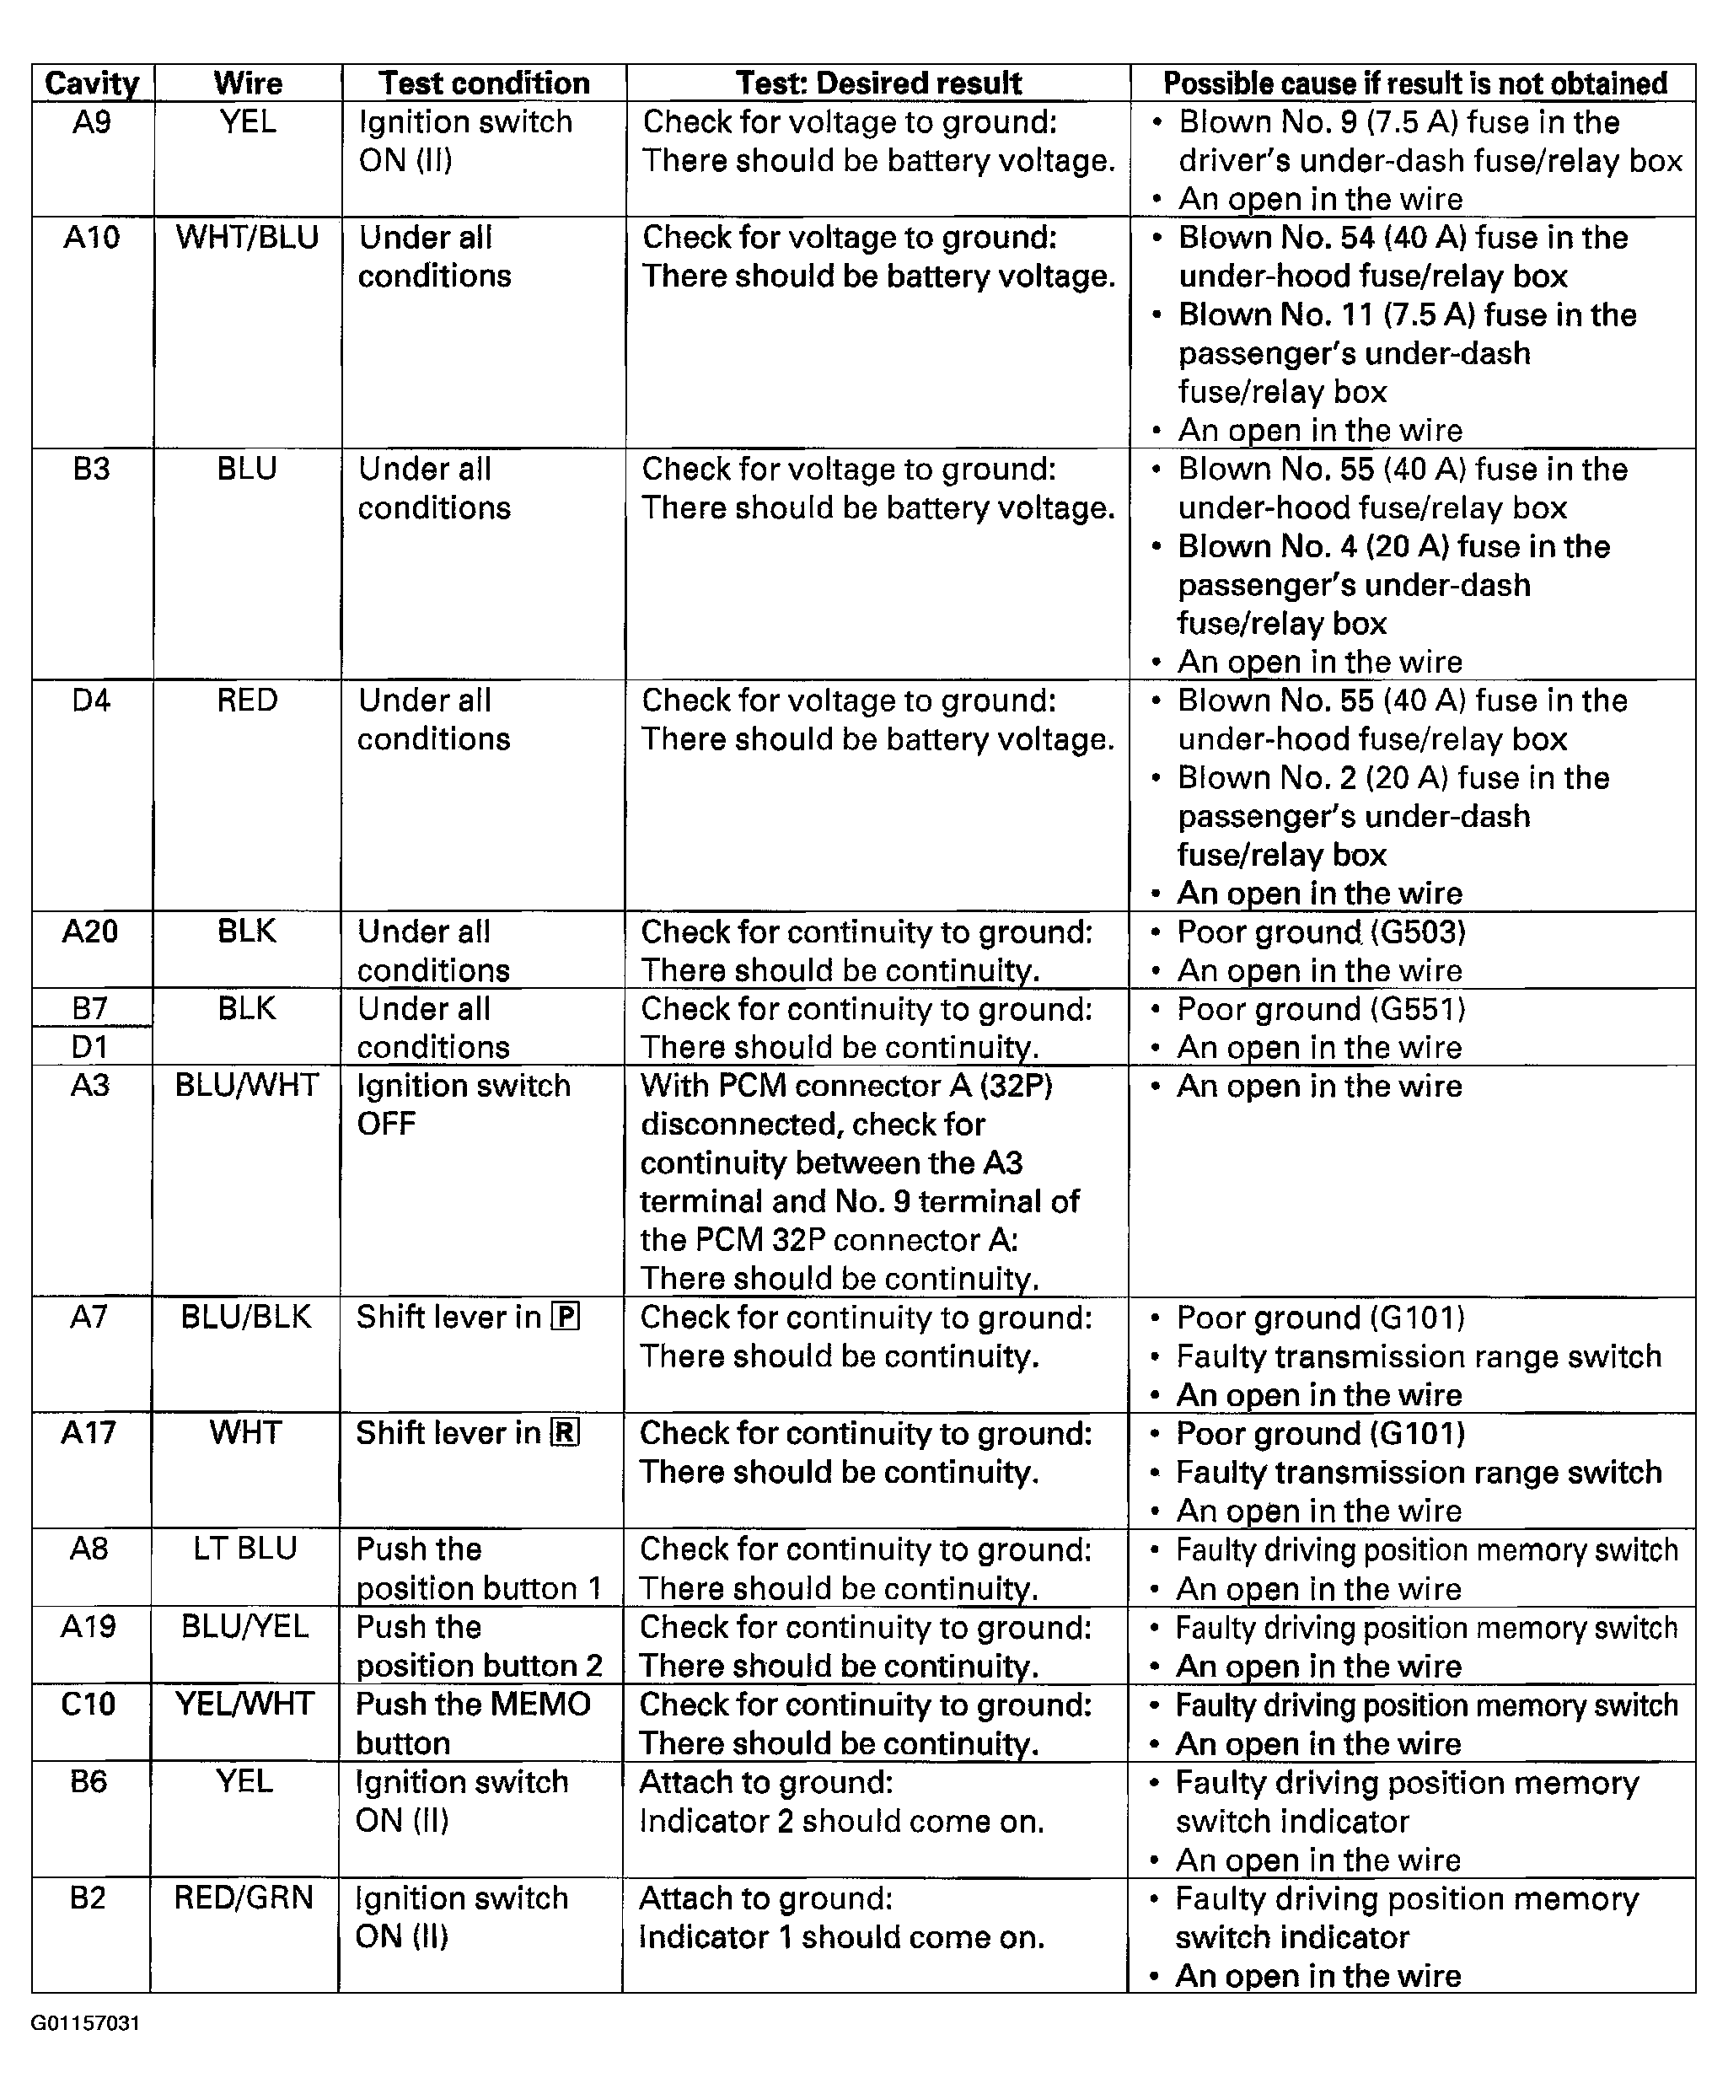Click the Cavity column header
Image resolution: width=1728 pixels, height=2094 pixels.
pos(92,83)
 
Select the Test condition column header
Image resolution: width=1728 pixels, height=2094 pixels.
pos(484,83)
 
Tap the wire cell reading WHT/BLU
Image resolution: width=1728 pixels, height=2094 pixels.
pos(247,238)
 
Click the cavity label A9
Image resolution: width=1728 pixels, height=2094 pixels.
pos(92,122)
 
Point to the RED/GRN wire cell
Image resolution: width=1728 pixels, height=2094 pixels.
pos(244,1898)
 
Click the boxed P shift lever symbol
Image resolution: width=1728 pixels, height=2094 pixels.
pos(566,1317)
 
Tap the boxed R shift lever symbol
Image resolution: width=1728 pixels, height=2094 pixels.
pos(566,1432)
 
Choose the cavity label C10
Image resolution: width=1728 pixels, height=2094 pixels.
pos(89,1704)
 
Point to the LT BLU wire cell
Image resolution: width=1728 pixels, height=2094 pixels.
pos(244,1549)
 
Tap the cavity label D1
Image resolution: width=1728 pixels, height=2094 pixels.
pos(89,1047)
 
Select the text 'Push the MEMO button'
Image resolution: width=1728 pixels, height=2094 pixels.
pos(473,1723)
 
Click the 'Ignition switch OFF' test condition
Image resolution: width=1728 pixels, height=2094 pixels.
pos(463,1104)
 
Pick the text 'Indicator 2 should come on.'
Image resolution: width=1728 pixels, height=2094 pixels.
pos(841,1822)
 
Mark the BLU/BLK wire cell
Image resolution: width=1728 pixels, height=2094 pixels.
pos(246,1317)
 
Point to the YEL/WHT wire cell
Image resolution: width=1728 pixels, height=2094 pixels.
pos(244,1704)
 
